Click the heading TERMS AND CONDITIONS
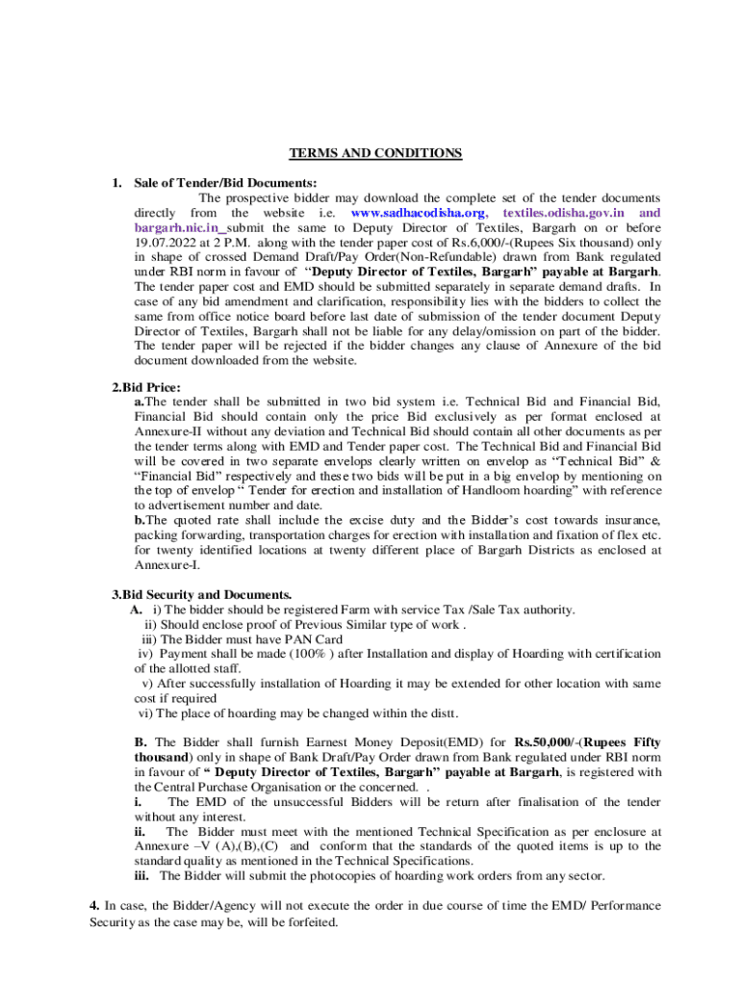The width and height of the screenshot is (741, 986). click(376, 153)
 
